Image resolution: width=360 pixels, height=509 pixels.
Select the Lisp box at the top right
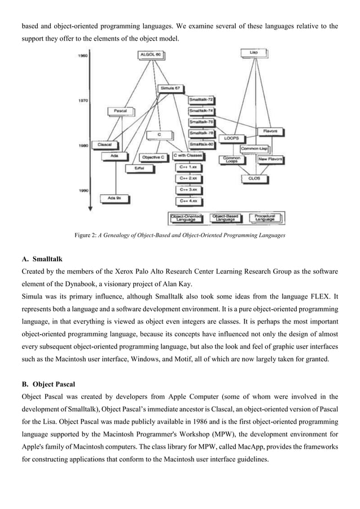pos(254,52)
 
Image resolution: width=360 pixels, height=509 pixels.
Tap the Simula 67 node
pos(169,89)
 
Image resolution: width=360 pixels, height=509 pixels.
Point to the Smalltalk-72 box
pos(201,100)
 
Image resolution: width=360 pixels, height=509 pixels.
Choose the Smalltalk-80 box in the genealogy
pos(201,144)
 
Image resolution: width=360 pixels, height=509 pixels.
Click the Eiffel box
pos(138,168)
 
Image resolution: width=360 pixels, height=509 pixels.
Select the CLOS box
pos(254,178)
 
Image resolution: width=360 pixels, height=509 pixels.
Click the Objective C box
pos(153,156)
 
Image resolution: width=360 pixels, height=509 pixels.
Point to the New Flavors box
pos(270,160)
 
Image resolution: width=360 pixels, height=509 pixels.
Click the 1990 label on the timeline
pos(82,190)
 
